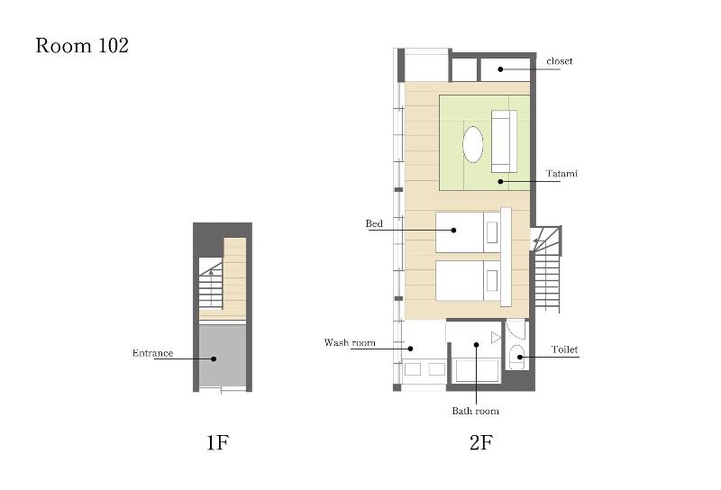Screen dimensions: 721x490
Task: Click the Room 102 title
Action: coord(82,46)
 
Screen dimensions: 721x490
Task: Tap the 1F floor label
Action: coord(217,442)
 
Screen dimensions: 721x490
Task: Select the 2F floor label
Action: coord(481,442)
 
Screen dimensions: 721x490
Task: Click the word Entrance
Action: coord(152,353)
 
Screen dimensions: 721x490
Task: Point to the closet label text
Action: coord(560,61)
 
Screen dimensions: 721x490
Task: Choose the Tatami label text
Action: coord(561,173)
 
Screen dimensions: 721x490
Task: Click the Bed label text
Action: coord(374,223)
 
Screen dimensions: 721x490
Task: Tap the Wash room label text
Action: coord(350,342)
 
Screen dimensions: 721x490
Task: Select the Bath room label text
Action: coord(476,411)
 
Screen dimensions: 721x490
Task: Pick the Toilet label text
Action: coord(564,349)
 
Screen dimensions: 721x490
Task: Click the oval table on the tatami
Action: coord(472,144)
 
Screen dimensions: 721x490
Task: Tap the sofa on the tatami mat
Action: coord(504,141)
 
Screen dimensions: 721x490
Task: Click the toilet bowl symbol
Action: coord(517,356)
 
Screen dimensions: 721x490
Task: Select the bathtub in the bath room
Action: coord(477,370)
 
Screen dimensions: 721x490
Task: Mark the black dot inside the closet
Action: coord(500,69)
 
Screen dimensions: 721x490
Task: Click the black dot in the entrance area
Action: coord(214,358)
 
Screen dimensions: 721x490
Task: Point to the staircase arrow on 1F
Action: coord(211,272)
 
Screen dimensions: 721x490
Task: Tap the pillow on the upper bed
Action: coord(491,232)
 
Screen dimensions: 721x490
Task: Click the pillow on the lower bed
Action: coord(491,280)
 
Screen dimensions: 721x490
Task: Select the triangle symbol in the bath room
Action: coord(495,338)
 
